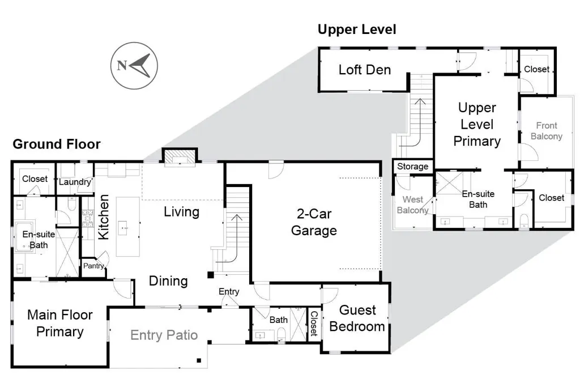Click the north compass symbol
pos(134,66)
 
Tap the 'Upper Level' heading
pos(357,29)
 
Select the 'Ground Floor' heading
pos(57,144)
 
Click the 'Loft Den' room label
pos(365,70)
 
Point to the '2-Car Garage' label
pos(314,222)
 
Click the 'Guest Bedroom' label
pos(357,318)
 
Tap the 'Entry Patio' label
pos(164,335)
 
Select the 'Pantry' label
pos(93,266)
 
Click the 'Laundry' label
pos(75,182)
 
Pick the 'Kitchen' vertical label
pos(103,217)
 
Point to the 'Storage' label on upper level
pos(412,167)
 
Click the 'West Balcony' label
pos(412,205)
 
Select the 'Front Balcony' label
pos(547,131)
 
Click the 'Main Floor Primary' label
pos(60,323)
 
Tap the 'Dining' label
pos(168,281)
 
